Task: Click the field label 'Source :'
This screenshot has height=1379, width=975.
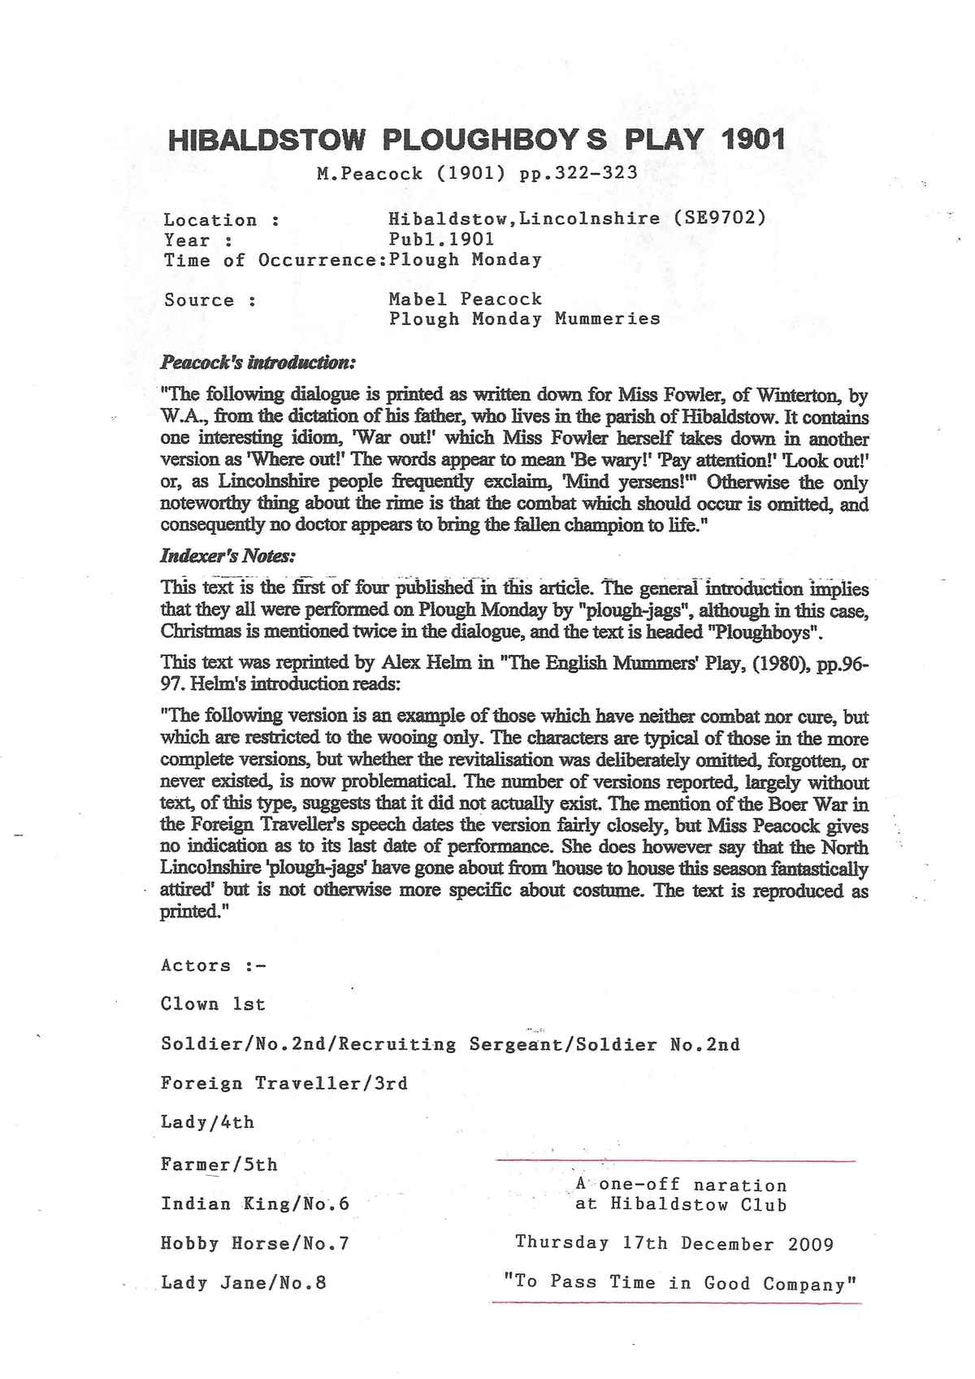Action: point(210,301)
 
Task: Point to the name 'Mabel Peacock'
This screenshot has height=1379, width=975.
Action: point(465,299)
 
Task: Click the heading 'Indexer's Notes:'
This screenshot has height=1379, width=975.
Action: point(227,557)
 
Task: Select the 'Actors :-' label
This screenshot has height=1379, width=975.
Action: point(214,966)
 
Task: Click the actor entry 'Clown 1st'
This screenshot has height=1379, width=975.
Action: point(213,1004)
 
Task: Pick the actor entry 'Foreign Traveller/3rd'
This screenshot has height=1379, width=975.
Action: point(284,1083)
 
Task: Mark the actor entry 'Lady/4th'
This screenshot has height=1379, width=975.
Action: point(207,1123)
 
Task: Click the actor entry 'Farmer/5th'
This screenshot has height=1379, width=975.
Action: point(219,1164)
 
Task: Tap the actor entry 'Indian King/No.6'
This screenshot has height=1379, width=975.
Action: point(255,1203)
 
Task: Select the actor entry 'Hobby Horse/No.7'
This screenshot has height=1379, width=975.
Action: point(255,1243)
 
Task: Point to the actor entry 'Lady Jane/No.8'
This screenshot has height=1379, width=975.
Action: point(244,1283)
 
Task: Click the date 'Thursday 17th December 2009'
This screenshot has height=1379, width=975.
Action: point(674,1243)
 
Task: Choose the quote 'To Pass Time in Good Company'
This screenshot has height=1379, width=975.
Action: point(681,1283)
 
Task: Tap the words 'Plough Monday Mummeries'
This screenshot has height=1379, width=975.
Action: point(524,319)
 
